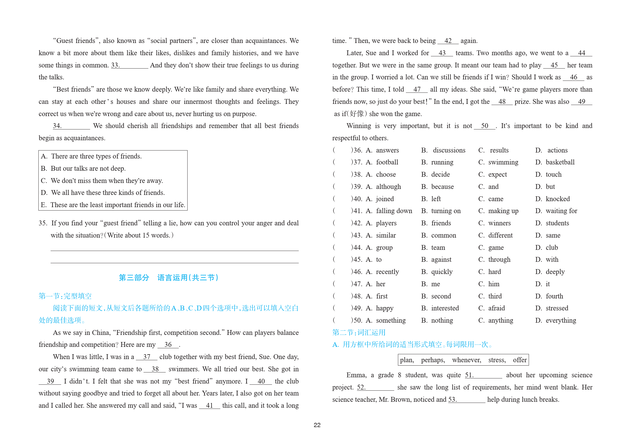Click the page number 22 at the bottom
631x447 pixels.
pos(317,425)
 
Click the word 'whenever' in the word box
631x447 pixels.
pos(466,360)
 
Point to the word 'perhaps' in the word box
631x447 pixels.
pos(433,360)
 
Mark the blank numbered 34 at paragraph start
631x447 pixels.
pos(71,126)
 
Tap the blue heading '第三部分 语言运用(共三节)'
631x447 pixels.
pos(169,277)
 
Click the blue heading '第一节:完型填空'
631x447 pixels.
pos(65,296)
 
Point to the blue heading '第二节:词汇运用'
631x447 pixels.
pos(359,332)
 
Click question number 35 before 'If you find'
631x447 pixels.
pos(43,223)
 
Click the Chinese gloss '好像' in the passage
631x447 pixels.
pos(357,114)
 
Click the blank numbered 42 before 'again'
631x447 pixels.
pos(448,41)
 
